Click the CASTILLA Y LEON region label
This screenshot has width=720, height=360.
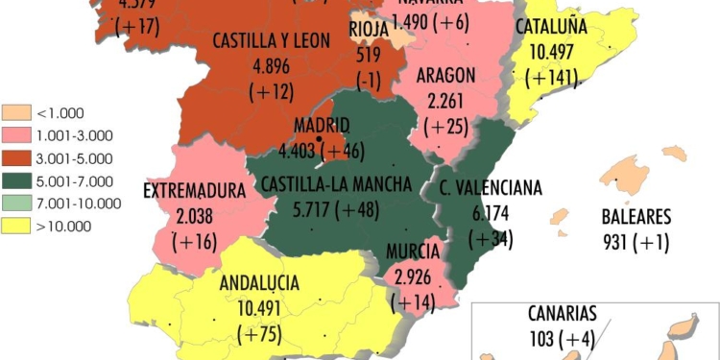272,42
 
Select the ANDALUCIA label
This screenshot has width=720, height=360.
259,284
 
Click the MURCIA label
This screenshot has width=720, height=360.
414,252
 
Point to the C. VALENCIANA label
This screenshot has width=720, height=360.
492,187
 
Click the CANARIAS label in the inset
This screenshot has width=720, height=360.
563,314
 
